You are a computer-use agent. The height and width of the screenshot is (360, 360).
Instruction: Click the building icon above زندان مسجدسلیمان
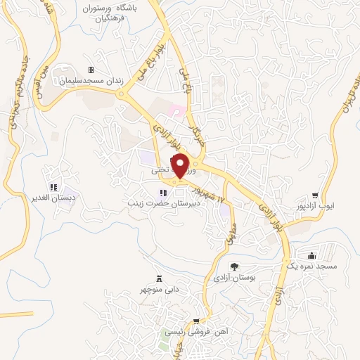point(91,70)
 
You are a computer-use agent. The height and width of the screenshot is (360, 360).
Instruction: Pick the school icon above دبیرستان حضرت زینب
point(162,193)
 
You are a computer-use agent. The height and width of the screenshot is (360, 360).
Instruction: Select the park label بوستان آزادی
point(235,278)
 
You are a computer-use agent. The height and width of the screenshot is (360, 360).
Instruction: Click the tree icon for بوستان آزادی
point(234,266)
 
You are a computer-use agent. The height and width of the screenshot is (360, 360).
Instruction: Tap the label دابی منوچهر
point(158,289)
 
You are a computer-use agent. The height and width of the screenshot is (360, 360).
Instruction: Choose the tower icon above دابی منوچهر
point(158,278)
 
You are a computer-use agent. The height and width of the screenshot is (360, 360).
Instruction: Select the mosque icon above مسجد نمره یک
point(312,256)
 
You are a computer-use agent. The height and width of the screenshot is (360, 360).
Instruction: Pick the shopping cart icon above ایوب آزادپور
point(316,196)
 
